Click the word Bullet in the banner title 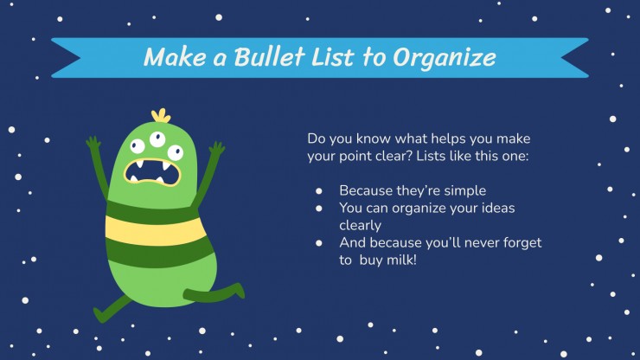click(269, 56)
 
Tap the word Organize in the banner click(445, 58)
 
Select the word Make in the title click(175, 56)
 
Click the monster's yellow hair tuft click(161, 116)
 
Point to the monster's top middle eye click(157, 139)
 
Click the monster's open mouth click(152, 172)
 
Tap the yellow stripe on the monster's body click(155, 230)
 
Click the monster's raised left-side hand click(93, 143)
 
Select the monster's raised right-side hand click(216, 148)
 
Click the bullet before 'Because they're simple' click(319, 191)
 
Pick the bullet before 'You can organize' click(319, 209)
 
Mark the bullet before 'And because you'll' click(319, 243)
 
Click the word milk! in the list click(402, 260)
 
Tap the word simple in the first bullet click(465, 191)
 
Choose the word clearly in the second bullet click(361, 226)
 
